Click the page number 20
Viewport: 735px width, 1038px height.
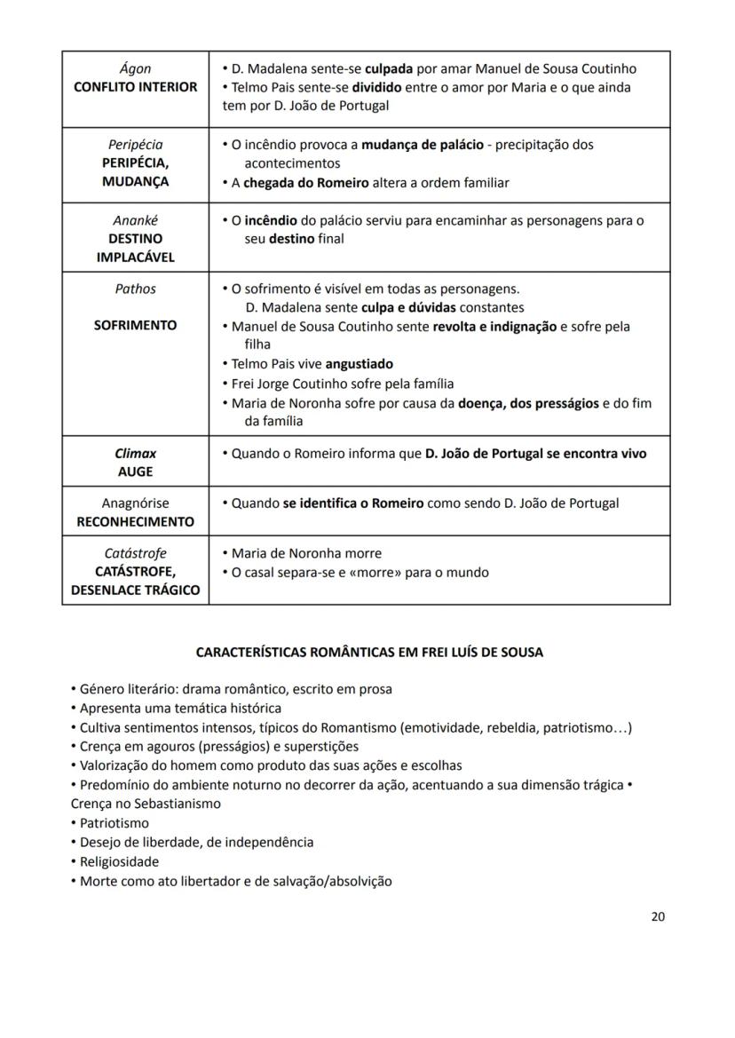[657, 917]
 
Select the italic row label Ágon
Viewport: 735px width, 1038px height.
[135, 68]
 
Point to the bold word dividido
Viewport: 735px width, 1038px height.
[376, 87]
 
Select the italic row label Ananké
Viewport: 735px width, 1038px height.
[135, 220]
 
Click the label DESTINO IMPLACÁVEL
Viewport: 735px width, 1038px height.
[135, 248]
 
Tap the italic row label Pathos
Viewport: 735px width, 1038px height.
[135, 289]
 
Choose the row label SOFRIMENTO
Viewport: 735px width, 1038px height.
[135, 325]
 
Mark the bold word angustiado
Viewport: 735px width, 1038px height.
[359, 363]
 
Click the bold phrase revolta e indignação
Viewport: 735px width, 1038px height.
[494, 326]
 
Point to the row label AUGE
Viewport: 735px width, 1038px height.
[135, 471]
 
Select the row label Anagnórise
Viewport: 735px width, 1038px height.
[135, 503]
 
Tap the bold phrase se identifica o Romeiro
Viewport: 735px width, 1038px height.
[352, 503]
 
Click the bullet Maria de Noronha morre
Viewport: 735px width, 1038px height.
[306, 553]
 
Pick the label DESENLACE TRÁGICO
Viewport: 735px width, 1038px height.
[135, 590]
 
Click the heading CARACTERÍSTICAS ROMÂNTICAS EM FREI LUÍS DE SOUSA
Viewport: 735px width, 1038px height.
[368, 652]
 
